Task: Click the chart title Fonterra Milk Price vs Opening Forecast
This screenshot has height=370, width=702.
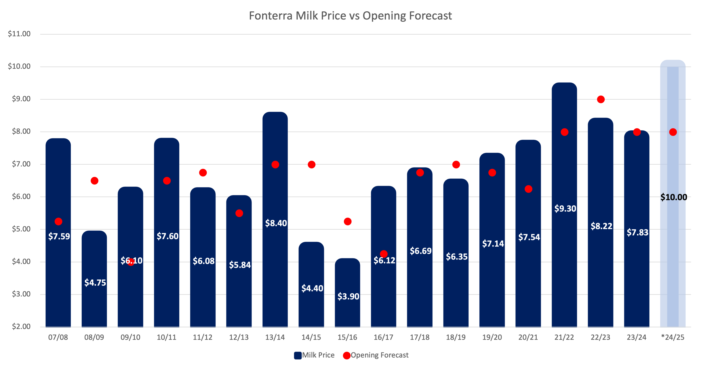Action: pos(351,16)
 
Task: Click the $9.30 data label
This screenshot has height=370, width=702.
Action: pos(565,209)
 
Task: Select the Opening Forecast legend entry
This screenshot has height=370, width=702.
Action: pos(376,355)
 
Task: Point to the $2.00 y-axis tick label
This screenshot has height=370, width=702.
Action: pos(21,326)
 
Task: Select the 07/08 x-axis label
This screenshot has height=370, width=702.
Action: pos(58,337)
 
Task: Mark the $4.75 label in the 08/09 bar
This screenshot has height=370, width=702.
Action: pos(95,283)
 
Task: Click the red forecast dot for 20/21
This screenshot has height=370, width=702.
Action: pos(528,189)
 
